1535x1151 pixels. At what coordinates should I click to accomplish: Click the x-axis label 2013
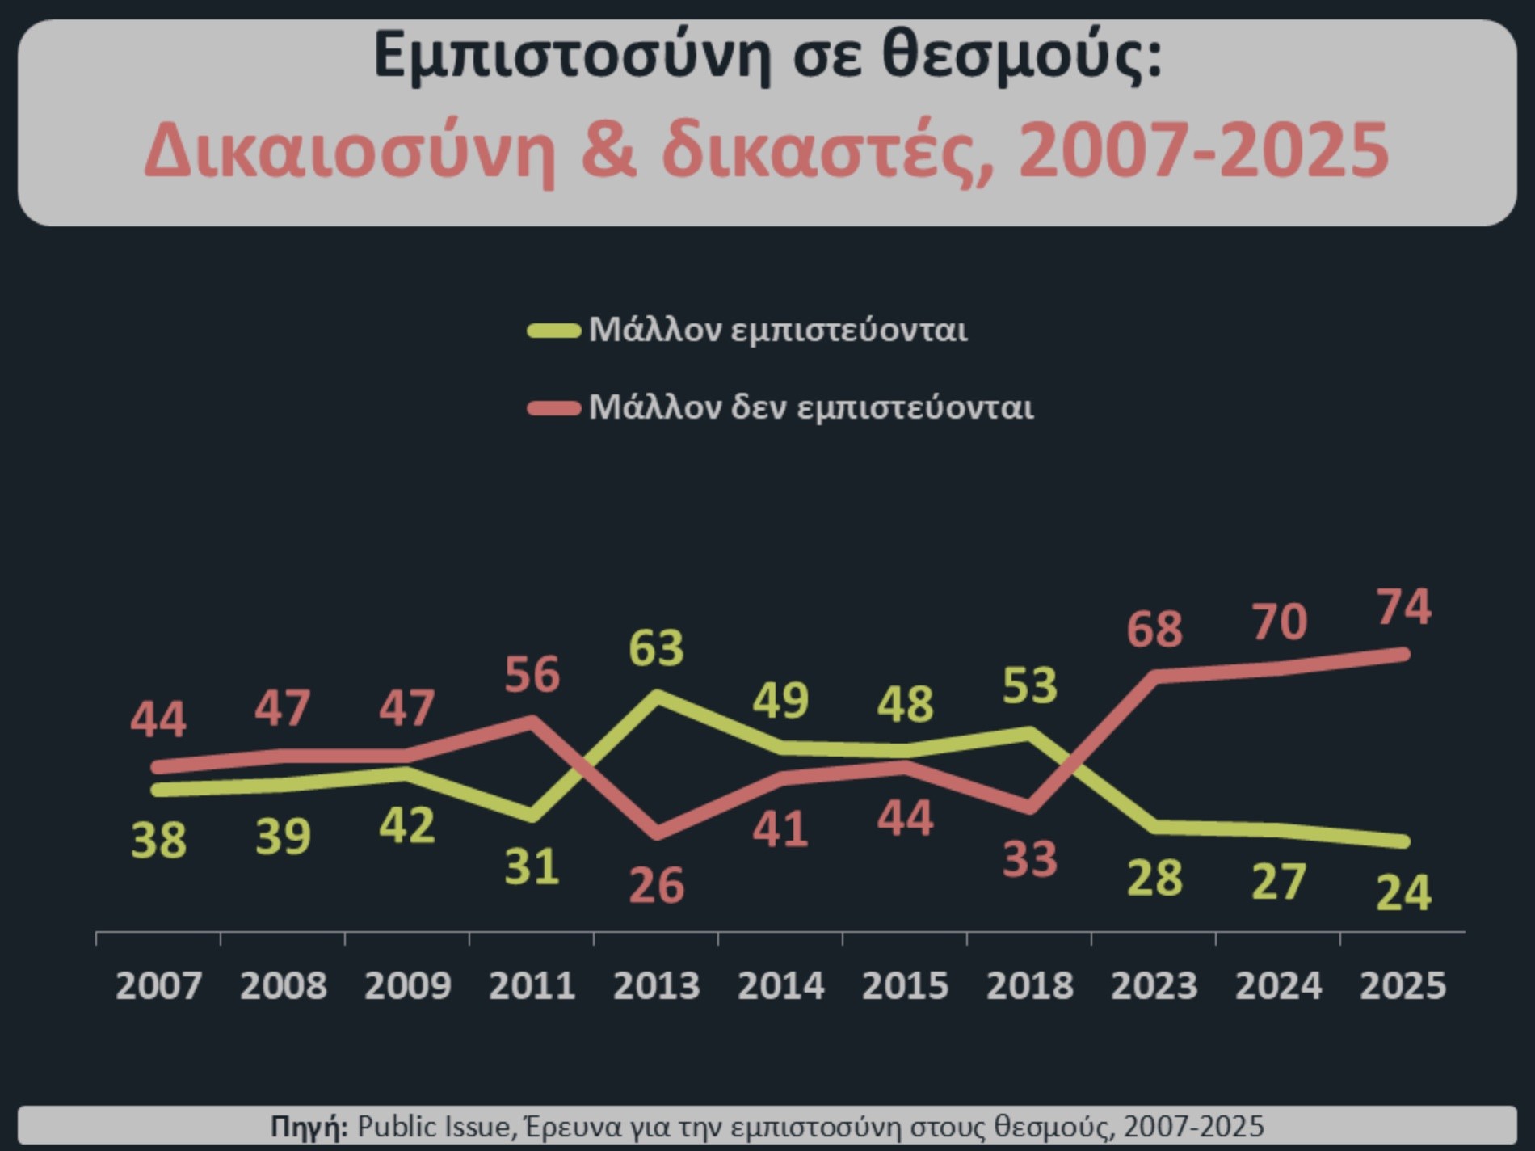656,985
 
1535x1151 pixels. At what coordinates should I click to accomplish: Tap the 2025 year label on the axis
1403,985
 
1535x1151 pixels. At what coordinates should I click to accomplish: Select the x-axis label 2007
158,985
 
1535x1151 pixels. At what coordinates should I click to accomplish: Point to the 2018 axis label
1029,985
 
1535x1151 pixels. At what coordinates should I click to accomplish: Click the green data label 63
656,647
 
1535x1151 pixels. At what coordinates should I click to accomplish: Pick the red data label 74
1404,607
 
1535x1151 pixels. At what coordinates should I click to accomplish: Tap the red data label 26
656,885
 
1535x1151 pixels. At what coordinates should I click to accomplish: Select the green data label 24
1403,893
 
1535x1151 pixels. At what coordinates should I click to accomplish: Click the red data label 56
532,674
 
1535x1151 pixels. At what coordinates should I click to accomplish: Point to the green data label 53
1029,685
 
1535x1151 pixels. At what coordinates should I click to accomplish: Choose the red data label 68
1154,629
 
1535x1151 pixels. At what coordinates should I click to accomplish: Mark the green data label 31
532,866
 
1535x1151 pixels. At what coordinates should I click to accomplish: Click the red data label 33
1029,859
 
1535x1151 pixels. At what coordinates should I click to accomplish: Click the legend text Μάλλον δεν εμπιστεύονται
810,407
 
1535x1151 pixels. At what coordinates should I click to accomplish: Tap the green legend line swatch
553,331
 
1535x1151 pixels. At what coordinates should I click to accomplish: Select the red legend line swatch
553,408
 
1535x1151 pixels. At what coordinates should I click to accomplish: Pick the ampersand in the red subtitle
608,150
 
